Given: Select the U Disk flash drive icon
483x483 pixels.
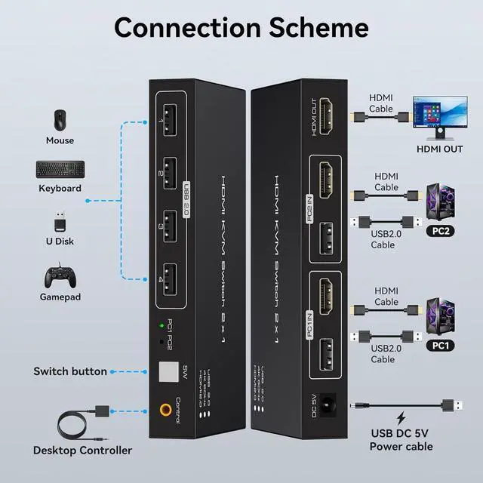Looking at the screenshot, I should [60, 222].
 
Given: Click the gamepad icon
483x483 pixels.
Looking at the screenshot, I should [60, 275].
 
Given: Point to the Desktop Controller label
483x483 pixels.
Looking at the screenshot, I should [82, 451].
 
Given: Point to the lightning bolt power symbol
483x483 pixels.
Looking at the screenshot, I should [401, 417].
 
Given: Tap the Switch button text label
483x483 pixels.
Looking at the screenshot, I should [70, 371].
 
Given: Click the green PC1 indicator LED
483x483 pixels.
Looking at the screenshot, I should [162, 326].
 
